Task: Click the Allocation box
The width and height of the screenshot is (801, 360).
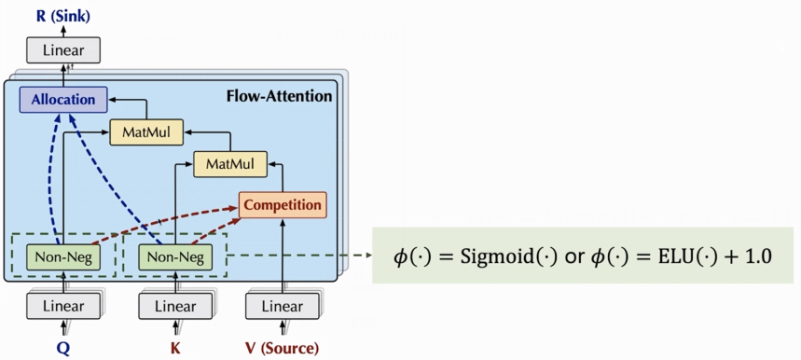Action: point(63,99)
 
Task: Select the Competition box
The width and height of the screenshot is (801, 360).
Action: point(283,204)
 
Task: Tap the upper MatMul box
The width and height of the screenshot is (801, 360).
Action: point(146,132)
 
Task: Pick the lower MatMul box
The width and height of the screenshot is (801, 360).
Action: point(229,164)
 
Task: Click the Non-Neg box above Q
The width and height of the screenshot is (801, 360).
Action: point(63,255)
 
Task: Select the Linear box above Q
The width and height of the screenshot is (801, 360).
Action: point(62,305)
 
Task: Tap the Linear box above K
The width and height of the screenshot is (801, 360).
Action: point(174,305)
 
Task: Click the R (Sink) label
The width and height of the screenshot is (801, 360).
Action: point(63,14)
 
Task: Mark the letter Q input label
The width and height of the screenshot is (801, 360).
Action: point(63,348)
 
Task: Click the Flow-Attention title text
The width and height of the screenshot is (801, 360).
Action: point(279,95)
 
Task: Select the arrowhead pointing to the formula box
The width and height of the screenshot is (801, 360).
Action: point(366,255)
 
